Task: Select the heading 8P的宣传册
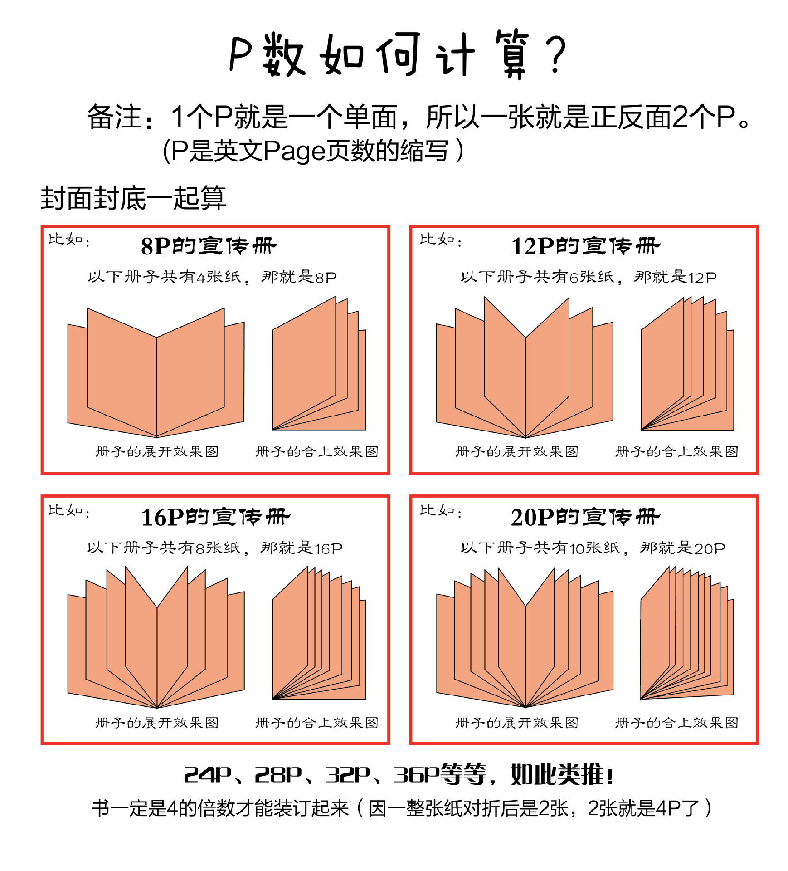click(x=209, y=246)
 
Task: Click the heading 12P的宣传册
click(x=585, y=246)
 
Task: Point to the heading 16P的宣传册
click(x=215, y=517)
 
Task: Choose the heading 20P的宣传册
click(x=585, y=517)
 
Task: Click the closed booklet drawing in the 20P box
click(x=687, y=635)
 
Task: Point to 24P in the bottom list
click(x=207, y=775)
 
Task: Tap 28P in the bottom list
click(x=278, y=775)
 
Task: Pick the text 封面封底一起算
click(x=133, y=198)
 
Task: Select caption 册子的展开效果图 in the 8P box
click(x=157, y=452)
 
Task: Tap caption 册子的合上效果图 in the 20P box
click(x=676, y=723)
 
